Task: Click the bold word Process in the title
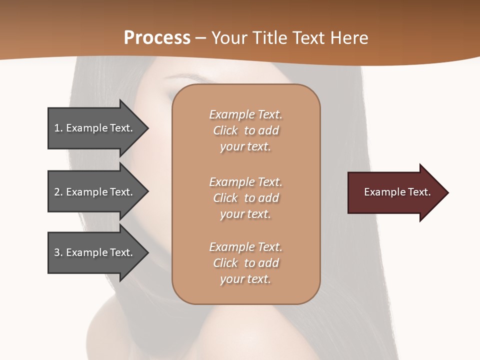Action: coord(157,38)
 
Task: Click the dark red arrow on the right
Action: coord(395,192)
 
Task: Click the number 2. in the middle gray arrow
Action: coord(58,192)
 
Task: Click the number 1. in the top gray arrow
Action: coord(58,128)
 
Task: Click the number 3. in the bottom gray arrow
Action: coord(58,252)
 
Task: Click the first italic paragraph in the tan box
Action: coord(245,130)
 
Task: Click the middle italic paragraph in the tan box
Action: coord(245,198)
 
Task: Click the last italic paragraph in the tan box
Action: coord(245,263)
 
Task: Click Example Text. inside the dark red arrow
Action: coord(397,192)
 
